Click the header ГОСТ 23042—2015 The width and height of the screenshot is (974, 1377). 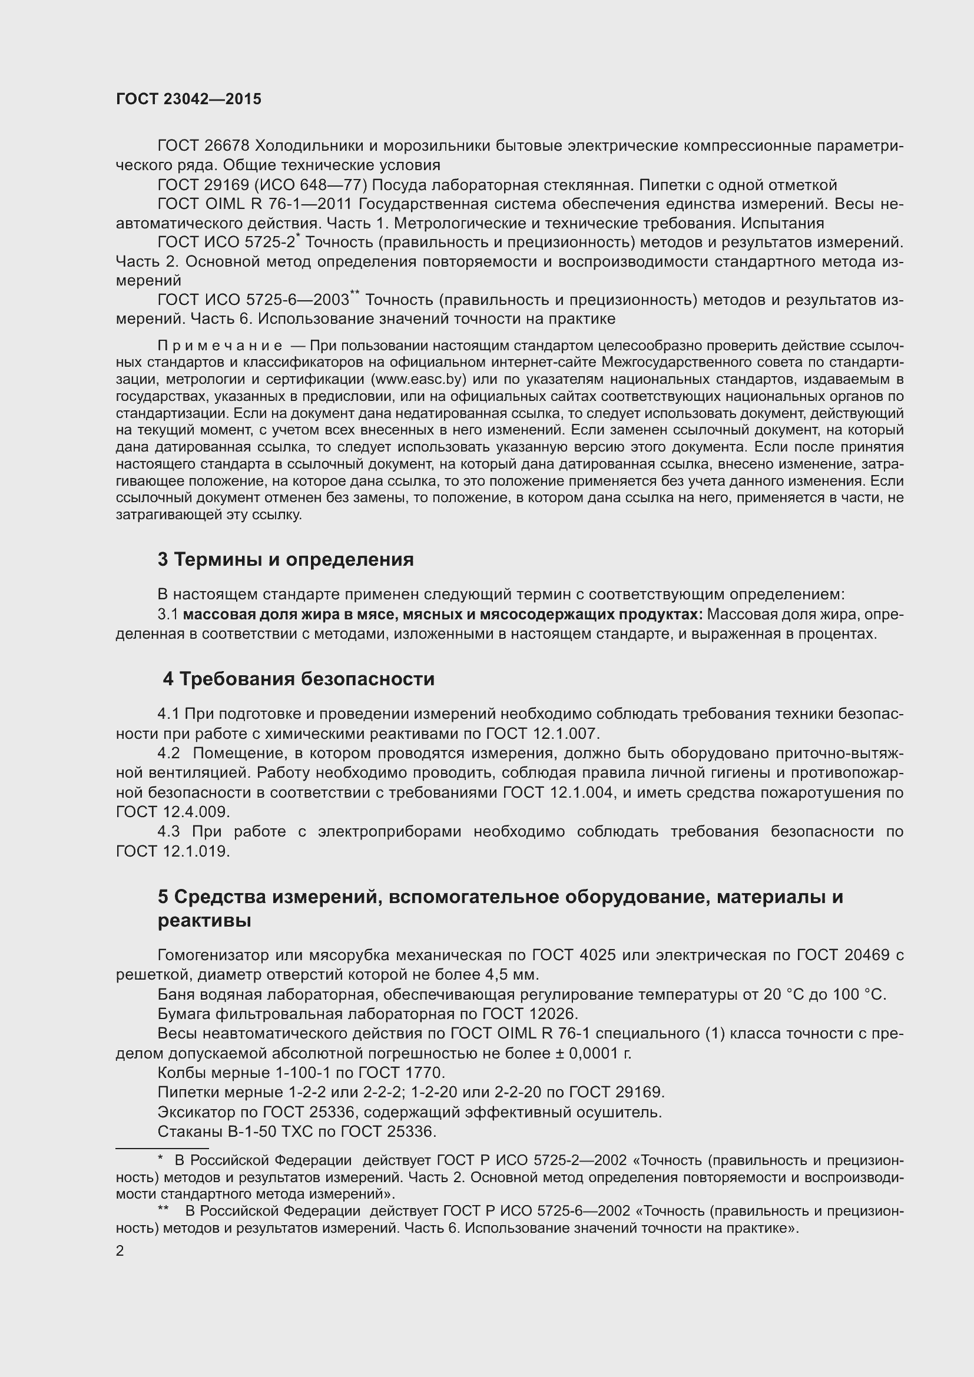[188, 99]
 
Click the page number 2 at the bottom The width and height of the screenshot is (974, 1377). [120, 1251]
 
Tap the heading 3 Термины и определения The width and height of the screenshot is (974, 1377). [286, 559]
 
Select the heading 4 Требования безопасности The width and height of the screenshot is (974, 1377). [299, 679]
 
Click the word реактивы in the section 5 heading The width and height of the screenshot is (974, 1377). [204, 921]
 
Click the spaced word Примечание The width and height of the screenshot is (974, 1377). [220, 346]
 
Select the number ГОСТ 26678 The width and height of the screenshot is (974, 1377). [203, 146]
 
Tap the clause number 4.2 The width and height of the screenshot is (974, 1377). [168, 754]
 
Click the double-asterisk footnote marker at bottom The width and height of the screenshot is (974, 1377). [163, 1210]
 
